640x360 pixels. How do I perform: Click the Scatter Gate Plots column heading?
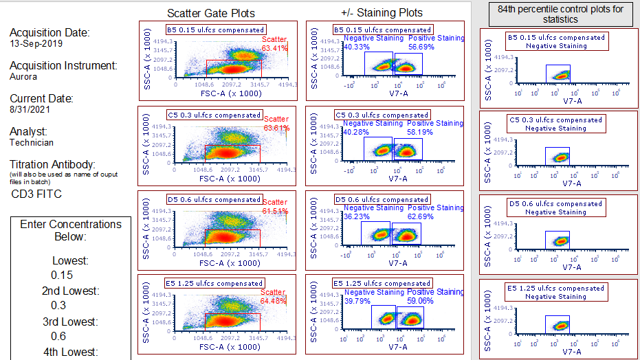point(211,13)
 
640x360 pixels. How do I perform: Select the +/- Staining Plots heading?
point(382,13)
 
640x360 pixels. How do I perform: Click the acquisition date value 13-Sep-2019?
point(36,43)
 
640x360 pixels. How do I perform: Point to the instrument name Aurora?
point(23,76)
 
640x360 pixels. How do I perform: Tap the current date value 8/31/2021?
point(30,109)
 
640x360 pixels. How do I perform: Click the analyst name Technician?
point(32,142)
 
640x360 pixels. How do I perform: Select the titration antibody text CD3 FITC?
point(36,194)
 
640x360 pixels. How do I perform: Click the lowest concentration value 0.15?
point(60,275)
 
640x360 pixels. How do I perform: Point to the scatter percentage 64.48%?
point(274,300)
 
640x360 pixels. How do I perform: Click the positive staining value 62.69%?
point(421,216)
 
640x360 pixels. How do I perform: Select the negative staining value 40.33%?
point(357,47)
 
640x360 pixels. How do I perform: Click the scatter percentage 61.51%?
point(275,211)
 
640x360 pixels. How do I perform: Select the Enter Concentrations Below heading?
point(71,230)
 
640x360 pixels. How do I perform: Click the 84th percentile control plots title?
point(560,14)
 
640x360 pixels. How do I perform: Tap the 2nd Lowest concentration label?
point(71,291)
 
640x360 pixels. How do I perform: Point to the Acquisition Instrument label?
point(63,66)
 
